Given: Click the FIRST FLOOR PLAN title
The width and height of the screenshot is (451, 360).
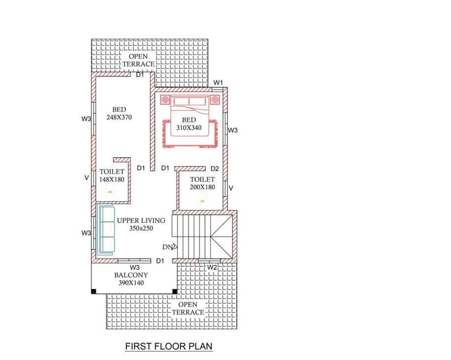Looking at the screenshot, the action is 169,346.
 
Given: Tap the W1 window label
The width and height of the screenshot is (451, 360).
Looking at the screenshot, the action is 218,83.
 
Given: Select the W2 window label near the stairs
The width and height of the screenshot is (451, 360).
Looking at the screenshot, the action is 212,267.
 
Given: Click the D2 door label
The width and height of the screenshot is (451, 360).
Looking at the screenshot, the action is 215,169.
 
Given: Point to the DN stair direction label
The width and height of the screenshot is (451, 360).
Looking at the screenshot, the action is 168,247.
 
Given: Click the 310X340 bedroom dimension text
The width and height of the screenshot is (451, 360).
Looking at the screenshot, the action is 188,128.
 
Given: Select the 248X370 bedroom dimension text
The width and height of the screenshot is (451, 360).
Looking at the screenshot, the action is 119,117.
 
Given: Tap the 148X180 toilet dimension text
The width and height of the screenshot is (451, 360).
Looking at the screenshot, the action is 112,180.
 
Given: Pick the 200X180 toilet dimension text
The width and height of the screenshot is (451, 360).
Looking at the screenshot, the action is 202,187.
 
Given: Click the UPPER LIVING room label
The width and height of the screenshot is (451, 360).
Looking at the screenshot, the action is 141,220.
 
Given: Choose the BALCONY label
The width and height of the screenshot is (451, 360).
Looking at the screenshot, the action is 131,275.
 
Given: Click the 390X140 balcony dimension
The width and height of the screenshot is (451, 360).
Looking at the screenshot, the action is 131,283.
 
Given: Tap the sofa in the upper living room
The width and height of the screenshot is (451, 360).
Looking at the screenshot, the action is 106,229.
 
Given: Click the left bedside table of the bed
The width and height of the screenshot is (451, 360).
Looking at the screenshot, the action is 165,100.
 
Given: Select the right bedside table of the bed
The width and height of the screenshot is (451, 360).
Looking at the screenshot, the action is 215,100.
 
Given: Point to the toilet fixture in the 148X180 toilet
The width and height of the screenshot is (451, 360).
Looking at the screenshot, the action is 110,190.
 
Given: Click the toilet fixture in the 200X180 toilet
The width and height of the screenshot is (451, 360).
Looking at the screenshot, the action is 202,200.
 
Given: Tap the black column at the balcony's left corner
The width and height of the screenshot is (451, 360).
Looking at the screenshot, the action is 93,291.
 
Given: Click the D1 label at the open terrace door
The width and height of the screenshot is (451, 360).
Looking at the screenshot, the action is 140,75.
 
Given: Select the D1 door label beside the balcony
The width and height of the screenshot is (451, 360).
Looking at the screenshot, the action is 160,261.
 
